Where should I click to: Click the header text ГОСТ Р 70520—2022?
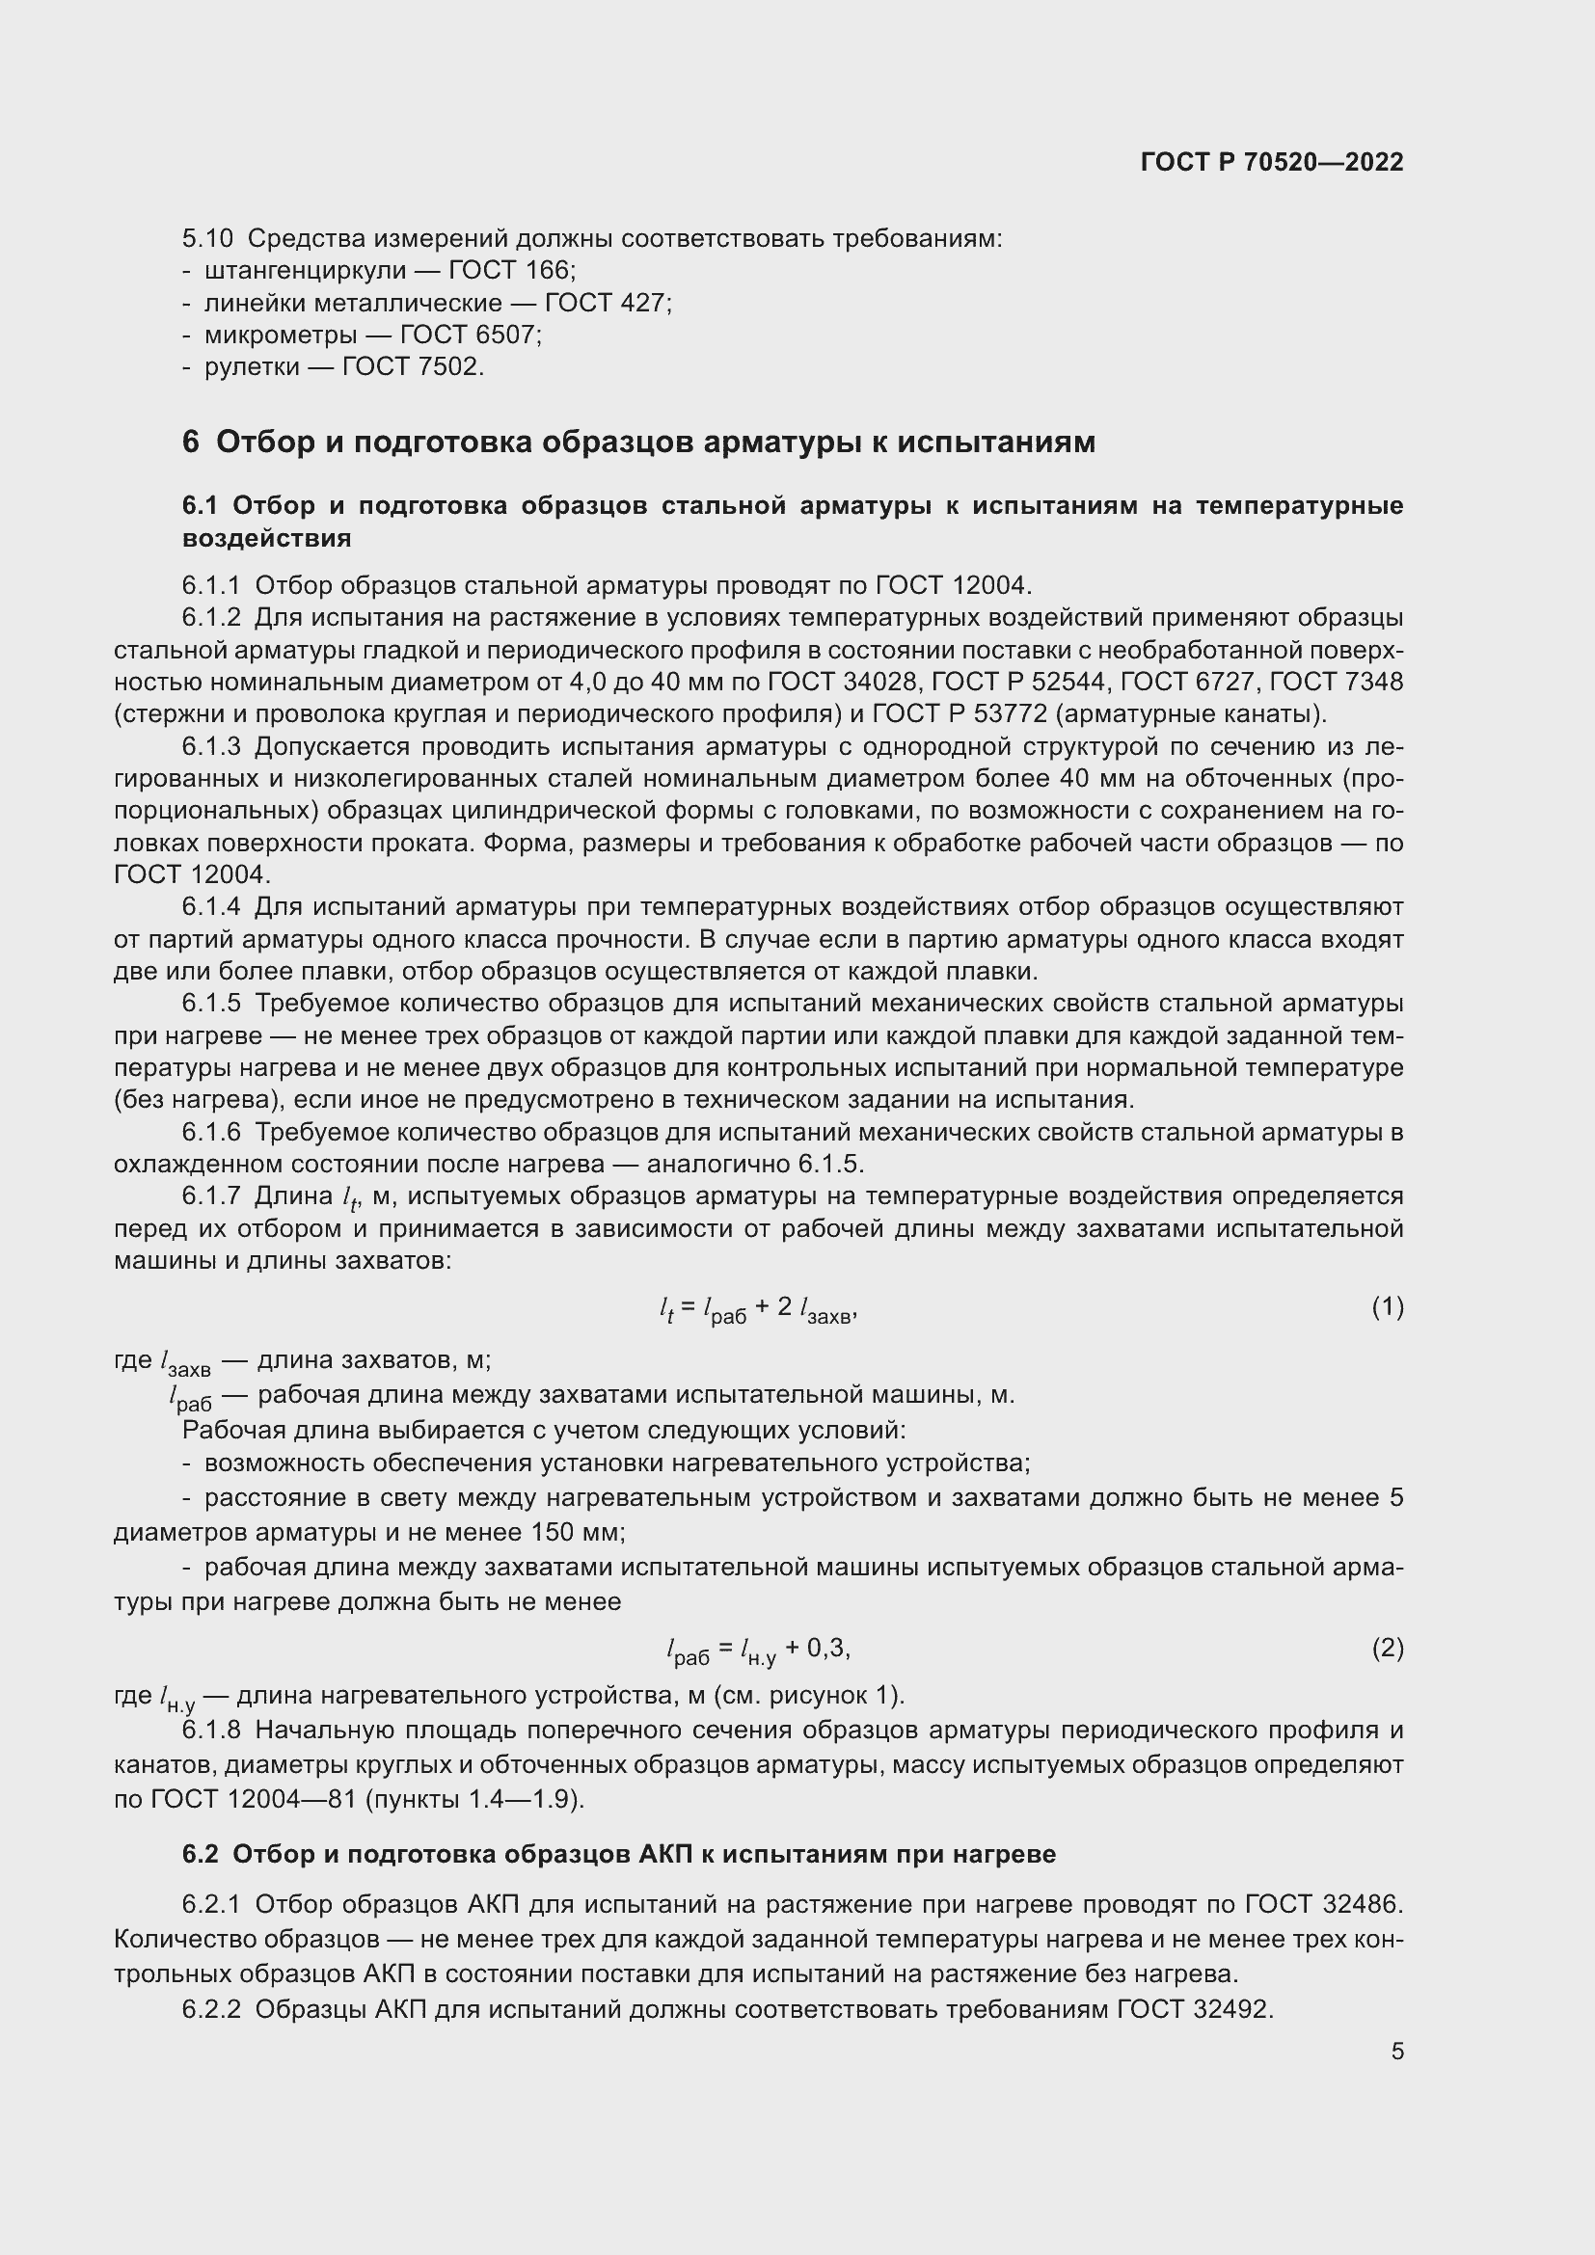pyautogui.click(x=1272, y=163)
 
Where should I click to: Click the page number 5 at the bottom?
pyautogui.click(x=1396, y=2052)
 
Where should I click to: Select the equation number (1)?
pyautogui.click(x=1387, y=1307)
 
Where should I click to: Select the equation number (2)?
pyautogui.click(x=1387, y=1647)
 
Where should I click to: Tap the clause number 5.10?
pyautogui.click(x=207, y=239)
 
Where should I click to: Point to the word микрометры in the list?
pyautogui.click(x=280, y=335)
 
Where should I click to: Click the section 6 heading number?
pyautogui.click(x=191, y=443)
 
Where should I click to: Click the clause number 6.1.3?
pyautogui.click(x=211, y=747)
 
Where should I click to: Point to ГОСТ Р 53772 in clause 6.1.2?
pyautogui.click(x=959, y=714)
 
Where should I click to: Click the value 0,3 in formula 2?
pyautogui.click(x=826, y=1647)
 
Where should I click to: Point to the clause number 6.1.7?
pyautogui.click(x=211, y=1196)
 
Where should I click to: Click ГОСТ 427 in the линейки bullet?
pyautogui.click(x=605, y=303)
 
